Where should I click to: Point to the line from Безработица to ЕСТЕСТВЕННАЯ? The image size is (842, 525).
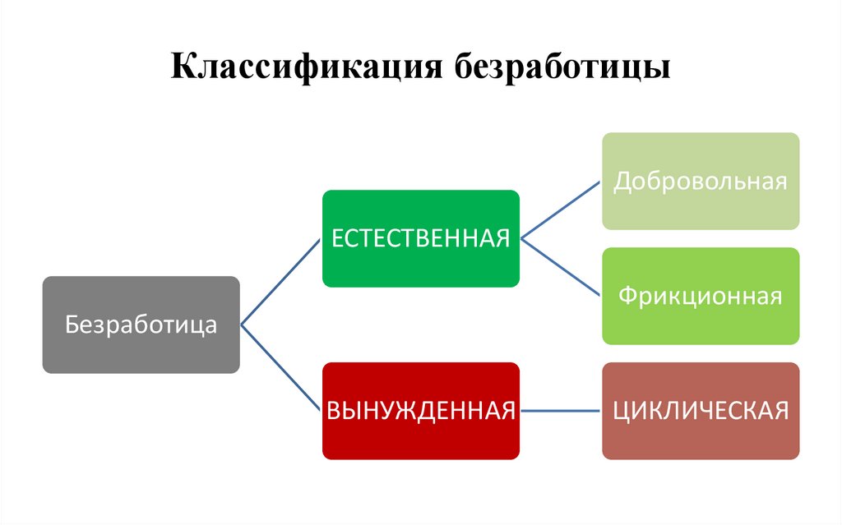(280, 282)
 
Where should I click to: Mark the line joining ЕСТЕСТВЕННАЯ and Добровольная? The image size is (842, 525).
(561, 209)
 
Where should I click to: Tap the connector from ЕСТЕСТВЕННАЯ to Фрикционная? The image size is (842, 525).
(561, 267)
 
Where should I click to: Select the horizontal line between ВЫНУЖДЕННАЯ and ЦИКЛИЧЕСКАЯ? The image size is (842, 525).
(561, 410)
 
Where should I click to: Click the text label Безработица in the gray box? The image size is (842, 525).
(141, 325)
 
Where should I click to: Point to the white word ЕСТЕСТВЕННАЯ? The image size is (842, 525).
(420, 238)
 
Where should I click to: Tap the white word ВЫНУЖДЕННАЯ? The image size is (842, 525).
(420, 410)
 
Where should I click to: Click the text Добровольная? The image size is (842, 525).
(700, 181)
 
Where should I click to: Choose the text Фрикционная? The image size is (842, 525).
(700, 296)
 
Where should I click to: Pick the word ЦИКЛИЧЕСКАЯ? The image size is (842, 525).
(700, 410)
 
